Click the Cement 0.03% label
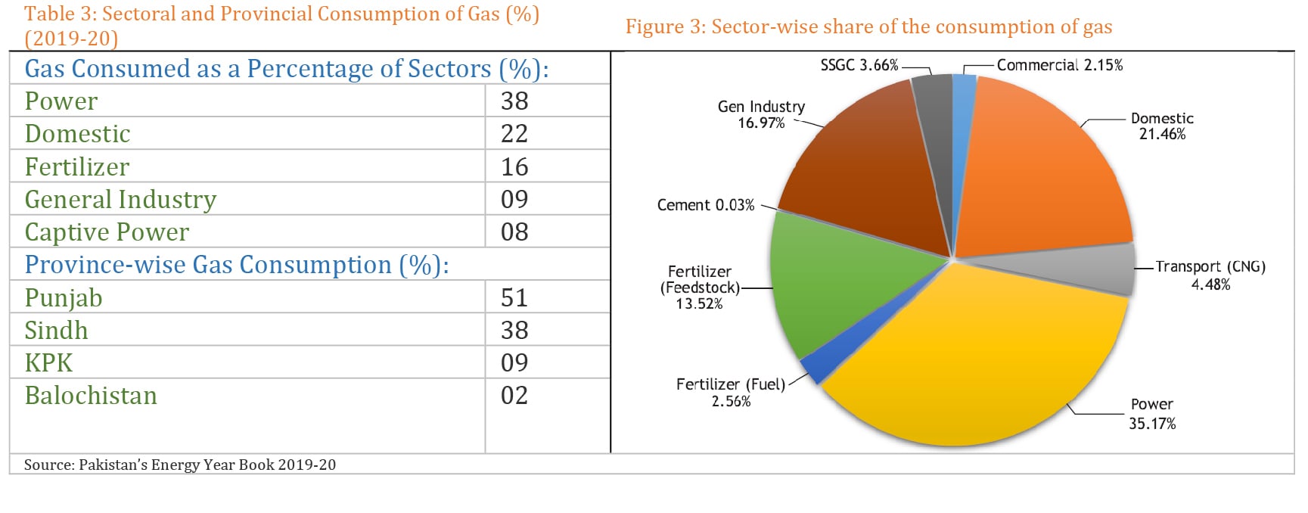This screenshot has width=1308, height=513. click(705, 205)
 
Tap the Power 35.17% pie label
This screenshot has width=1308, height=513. click(1151, 414)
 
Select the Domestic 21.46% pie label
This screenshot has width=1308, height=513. click(1162, 126)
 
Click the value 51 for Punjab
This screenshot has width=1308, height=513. click(514, 297)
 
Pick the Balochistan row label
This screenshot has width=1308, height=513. click(91, 396)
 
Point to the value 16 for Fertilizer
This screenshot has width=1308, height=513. click(514, 166)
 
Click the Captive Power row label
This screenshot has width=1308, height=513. click(107, 232)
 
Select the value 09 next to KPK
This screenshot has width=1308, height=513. click(514, 362)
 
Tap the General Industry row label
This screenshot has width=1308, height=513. click(120, 200)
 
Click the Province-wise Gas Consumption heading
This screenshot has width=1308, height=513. click(236, 265)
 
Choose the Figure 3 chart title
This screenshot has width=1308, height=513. click(868, 27)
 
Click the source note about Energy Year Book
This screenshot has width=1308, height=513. click(180, 465)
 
